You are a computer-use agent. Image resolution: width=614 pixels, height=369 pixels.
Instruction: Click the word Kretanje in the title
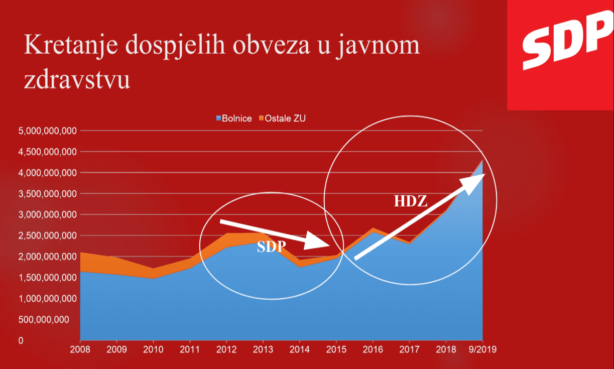(x=69, y=46)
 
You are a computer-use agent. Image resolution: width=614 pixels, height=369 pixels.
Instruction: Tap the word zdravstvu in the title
(x=76, y=80)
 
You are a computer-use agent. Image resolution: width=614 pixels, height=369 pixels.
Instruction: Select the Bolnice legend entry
(x=233, y=119)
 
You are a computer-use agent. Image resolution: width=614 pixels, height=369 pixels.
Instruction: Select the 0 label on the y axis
(x=21, y=341)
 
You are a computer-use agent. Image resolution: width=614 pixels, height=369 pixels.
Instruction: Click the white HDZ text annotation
(x=410, y=202)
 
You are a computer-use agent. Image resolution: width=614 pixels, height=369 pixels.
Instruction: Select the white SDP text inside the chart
(x=271, y=247)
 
